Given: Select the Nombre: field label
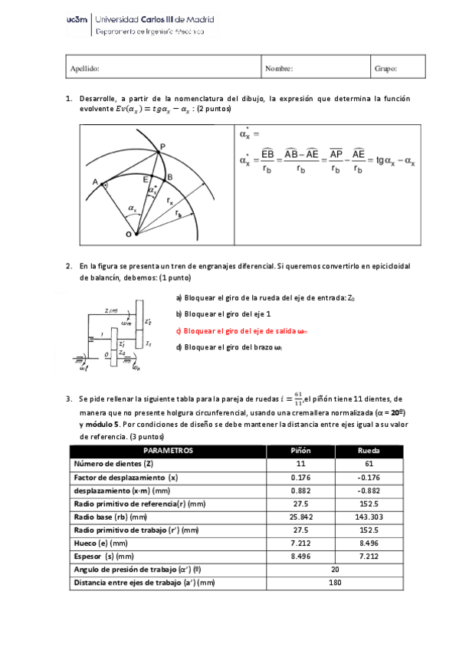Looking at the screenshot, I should [x=279, y=69].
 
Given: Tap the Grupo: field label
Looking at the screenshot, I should [x=385, y=69].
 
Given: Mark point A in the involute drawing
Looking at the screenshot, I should [x=95, y=182].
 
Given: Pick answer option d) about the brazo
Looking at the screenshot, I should [x=229, y=347].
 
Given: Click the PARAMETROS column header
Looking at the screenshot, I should [x=169, y=450].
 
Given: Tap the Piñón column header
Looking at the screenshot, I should [x=300, y=450].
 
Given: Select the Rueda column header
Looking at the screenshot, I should [x=369, y=450].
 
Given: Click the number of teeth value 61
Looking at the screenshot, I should [x=369, y=464].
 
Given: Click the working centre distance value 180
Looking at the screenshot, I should [x=335, y=583].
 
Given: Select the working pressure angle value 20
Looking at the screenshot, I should [x=335, y=570].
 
